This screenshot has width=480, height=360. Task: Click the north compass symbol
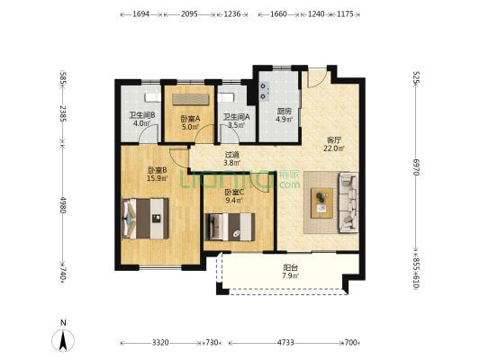tap(63, 340)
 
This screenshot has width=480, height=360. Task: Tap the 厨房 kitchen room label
tap(284, 111)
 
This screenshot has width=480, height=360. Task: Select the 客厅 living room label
tap(334, 140)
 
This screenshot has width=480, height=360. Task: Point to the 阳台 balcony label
tap(290, 267)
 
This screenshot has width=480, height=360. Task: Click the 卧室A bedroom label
tap(190, 119)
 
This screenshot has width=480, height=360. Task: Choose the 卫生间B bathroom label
tap(142, 115)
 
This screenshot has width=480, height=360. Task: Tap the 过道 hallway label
tap(231, 155)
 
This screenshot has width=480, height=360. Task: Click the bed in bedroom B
tap(145, 219)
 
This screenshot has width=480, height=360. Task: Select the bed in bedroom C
tap(230, 227)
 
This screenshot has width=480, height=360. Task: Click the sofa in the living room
tap(349, 202)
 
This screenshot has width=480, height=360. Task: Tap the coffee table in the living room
tap(322, 202)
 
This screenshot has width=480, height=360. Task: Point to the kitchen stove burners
tap(265, 91)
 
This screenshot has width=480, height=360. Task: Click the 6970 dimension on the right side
tap(416, 166)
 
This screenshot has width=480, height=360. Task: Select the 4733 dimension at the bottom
tap(285, 343)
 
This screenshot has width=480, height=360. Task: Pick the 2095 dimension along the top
tap(189, 14)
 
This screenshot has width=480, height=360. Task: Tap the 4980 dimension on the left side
tap(63, 204)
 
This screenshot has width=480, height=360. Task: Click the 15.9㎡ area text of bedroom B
tap(157, 178)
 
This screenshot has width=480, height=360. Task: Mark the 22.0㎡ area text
tap(334, 148)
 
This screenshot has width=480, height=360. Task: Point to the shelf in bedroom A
tap(191, 100)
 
